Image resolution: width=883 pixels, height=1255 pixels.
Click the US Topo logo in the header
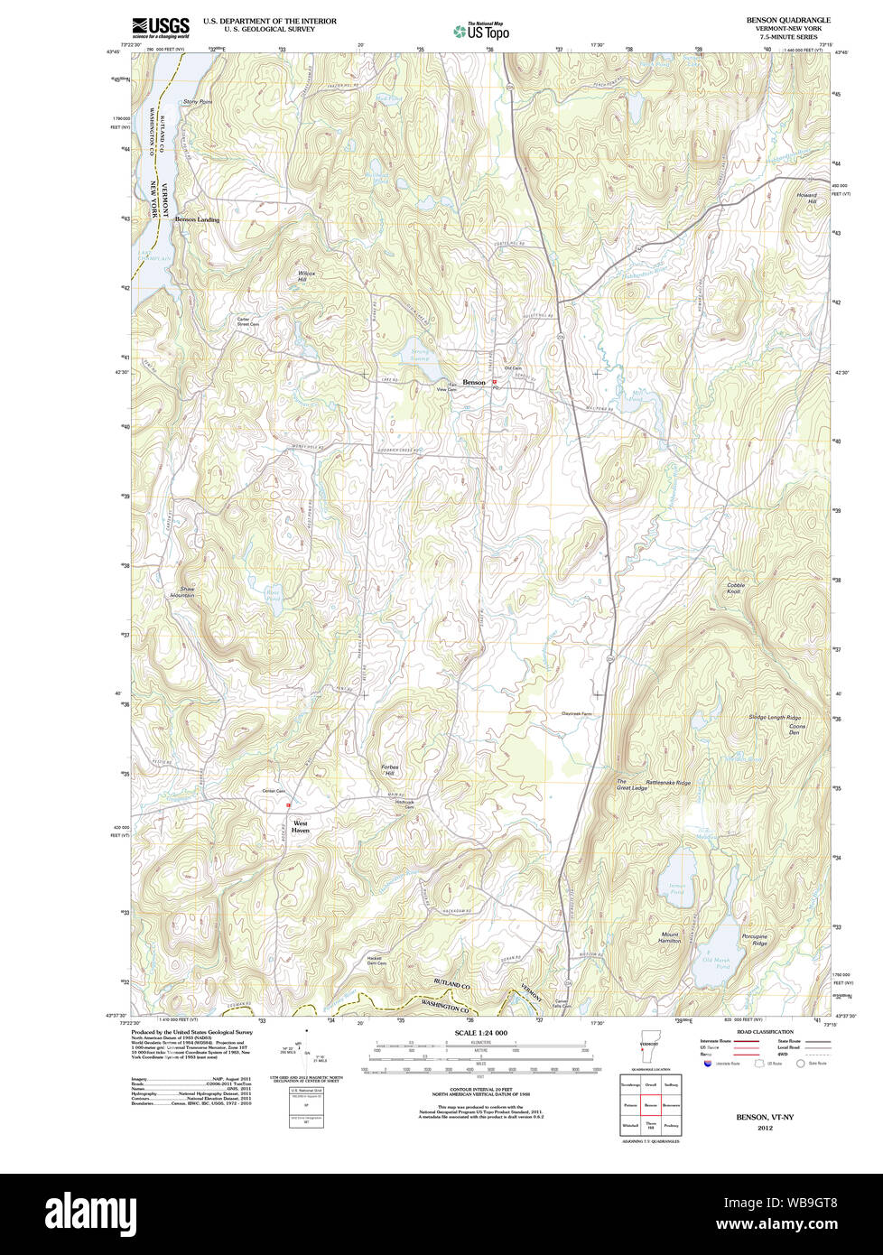481,31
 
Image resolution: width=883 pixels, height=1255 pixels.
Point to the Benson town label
474,383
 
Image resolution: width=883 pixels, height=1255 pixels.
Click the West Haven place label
300,827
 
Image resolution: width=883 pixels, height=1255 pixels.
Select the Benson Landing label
197,219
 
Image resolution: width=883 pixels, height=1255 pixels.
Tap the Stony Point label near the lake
197,102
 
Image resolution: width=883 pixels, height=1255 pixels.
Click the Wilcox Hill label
307,276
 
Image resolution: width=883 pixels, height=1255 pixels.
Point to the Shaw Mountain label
182,592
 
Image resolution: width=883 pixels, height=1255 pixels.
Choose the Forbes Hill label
389,771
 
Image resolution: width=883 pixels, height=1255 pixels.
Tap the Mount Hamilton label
670,938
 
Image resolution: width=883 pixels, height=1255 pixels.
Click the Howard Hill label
805,198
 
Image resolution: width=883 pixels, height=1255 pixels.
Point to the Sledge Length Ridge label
775,718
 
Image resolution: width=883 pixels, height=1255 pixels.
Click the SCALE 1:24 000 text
481,1032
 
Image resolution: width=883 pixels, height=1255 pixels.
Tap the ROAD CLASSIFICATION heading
765,1032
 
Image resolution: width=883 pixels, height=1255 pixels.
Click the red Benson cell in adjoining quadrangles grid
650,1105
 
